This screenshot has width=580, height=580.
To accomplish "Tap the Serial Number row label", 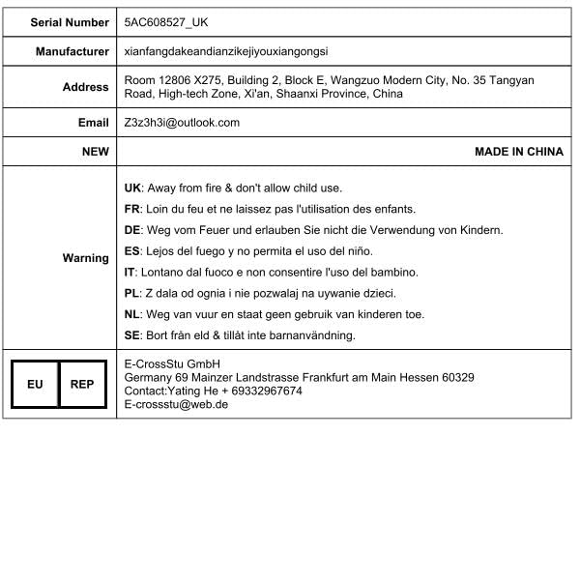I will click(70, 21).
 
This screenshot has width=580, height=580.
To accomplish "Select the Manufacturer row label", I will click(72, 51).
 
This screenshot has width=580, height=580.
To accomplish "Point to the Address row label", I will click(86, 87).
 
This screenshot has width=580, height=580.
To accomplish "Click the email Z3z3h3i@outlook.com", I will click(182, 123).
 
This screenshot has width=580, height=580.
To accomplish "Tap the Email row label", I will click(94, 123).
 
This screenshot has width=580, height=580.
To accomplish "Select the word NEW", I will click(96, 152).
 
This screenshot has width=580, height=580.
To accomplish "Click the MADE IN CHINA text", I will click(518, 152).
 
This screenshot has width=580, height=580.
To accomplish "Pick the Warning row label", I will click(86, 258).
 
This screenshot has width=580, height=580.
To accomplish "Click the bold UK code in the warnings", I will click(133, 188).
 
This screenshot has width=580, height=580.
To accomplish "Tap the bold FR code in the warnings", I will click(133, 209).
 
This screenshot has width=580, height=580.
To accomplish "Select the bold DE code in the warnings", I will click(133, 230).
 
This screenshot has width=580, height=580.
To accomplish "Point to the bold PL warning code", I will click(132, 293).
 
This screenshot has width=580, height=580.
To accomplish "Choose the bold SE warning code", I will click(133, 335).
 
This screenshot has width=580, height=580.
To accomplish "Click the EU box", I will click(35, 384).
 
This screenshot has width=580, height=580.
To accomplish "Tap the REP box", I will click(82, 384).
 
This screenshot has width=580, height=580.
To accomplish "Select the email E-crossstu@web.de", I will click(176, 405).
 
